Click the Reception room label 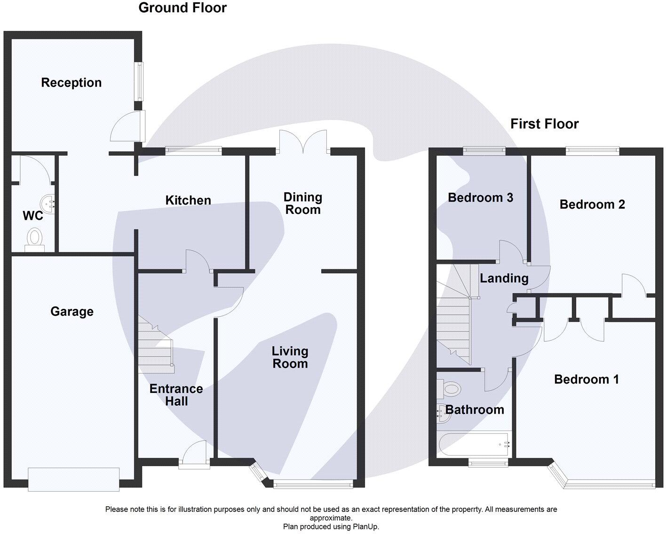tap(71, 83)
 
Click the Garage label tap(71, 312)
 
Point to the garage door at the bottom tap(73, 479)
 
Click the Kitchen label tap(188, 200)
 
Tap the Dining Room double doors tap(303, 141)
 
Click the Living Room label tap(290, 357)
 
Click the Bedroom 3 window tap(484, 150)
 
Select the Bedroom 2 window tap(592, 150)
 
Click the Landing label tap(504, 278)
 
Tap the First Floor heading tap(544, 124)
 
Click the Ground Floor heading tap(182, 8)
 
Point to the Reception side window tap(139, 81)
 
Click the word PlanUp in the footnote tap(365, 526)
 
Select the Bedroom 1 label tap(586, 379)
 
